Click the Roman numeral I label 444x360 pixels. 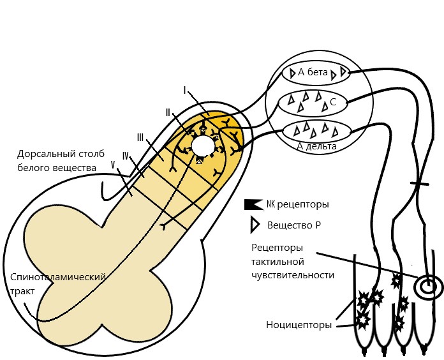click(185, 91)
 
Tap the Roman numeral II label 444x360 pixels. click(168, 113)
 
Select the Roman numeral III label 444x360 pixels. click(140, 138)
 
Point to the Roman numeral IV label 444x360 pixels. click(126, 156)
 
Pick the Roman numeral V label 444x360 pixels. click(114, 165)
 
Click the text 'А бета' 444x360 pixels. click(313, 73)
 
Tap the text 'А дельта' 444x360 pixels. click(317, 146)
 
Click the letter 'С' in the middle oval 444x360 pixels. click(333, 102)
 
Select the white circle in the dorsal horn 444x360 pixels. click(203, 146)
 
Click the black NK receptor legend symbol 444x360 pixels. click(253, 204)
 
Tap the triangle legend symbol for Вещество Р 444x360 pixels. click(255, 225)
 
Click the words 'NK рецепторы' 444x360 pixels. click(298, 204)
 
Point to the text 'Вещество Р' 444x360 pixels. click(294, 225)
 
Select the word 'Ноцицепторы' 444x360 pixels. click(299, 325)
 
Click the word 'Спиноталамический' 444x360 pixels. click(58, 277)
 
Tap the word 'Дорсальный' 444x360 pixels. click(44, 154)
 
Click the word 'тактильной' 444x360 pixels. click(277, 261)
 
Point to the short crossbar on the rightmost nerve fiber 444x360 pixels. click(420, 184)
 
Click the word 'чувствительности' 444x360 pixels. click(293, 275)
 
